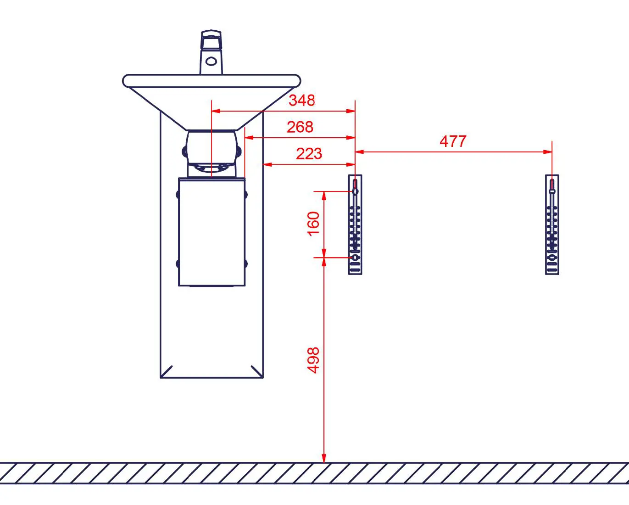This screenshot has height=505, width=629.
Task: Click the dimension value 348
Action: click(301, 100)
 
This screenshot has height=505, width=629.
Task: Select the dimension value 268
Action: click(300, 127)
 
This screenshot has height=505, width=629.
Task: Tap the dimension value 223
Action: click(308, 153)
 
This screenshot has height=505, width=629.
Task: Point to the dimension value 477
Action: click(453, 141)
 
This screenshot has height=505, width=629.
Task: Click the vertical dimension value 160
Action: click(313, 224)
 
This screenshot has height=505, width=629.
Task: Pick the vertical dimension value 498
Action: click(313, 360)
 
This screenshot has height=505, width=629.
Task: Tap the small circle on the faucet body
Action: click(212, 61)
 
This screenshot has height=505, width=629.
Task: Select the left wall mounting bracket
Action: click(355, 224)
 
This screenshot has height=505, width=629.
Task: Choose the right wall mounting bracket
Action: click(552, 224)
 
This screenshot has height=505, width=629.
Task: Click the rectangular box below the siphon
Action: click(212, 232)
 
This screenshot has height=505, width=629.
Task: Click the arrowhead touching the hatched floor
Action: click(324, 458)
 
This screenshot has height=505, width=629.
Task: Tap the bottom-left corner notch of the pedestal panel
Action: click(166, 371)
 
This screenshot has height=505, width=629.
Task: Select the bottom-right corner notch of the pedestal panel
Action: click(257, 371)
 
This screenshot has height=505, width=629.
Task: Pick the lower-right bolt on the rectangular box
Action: click(245, 264)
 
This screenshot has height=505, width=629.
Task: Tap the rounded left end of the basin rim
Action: click(126, 81)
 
